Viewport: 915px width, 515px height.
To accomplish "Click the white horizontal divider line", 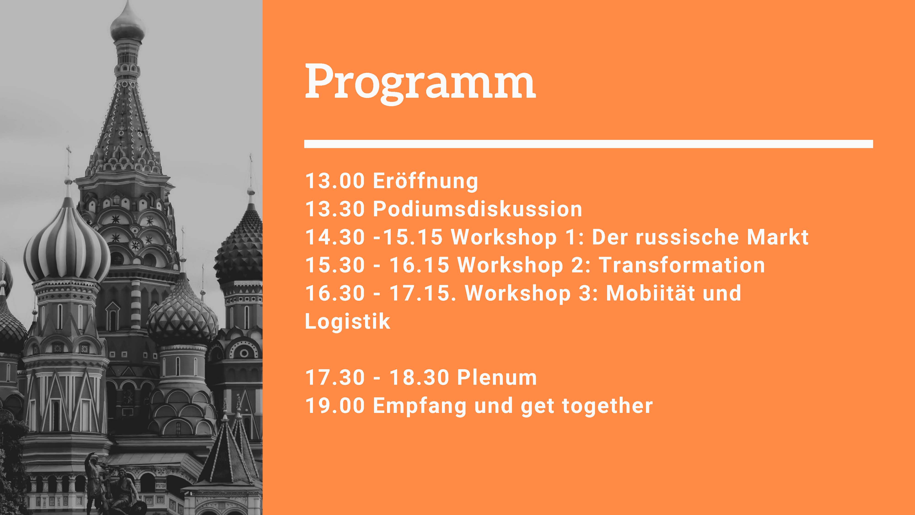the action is click(589, 144).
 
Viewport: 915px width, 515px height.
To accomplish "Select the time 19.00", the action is click(335, 406).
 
